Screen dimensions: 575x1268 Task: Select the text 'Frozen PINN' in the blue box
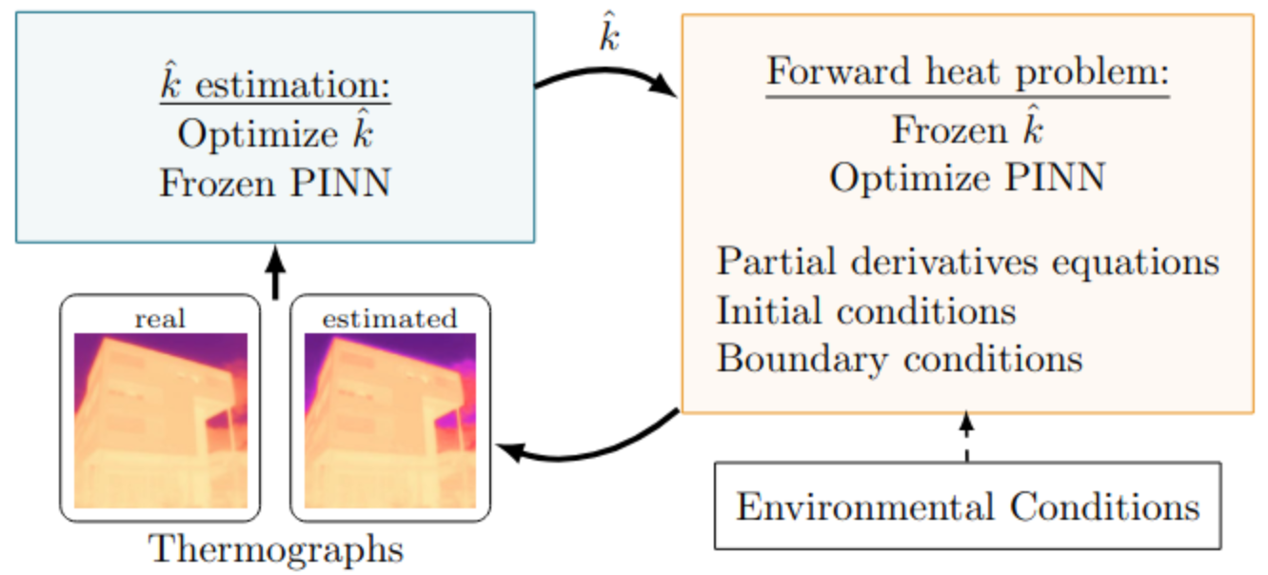pos(274,182)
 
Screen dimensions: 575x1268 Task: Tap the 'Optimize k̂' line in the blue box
pos(274,133)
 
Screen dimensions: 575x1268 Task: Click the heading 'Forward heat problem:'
pos(967,74)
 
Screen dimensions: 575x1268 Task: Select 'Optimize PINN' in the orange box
pos(967,177)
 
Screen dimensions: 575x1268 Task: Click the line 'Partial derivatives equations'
pos(967,261)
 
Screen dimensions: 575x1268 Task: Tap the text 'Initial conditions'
pos(866,310)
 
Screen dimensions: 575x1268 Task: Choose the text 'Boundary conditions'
pos(900,359)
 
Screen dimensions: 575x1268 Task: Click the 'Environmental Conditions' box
pos(967,506)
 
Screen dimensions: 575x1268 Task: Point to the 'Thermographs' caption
pos(276,549)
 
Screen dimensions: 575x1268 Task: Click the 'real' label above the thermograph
pos(160,319)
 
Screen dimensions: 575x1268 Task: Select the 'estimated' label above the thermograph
pos(389,319)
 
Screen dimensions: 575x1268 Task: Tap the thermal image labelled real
pos(160,420)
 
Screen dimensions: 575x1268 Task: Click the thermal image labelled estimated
pos(389,420)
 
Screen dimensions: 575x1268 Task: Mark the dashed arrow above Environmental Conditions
pos(967,438)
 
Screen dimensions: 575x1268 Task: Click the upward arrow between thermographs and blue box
pos(275,271)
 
